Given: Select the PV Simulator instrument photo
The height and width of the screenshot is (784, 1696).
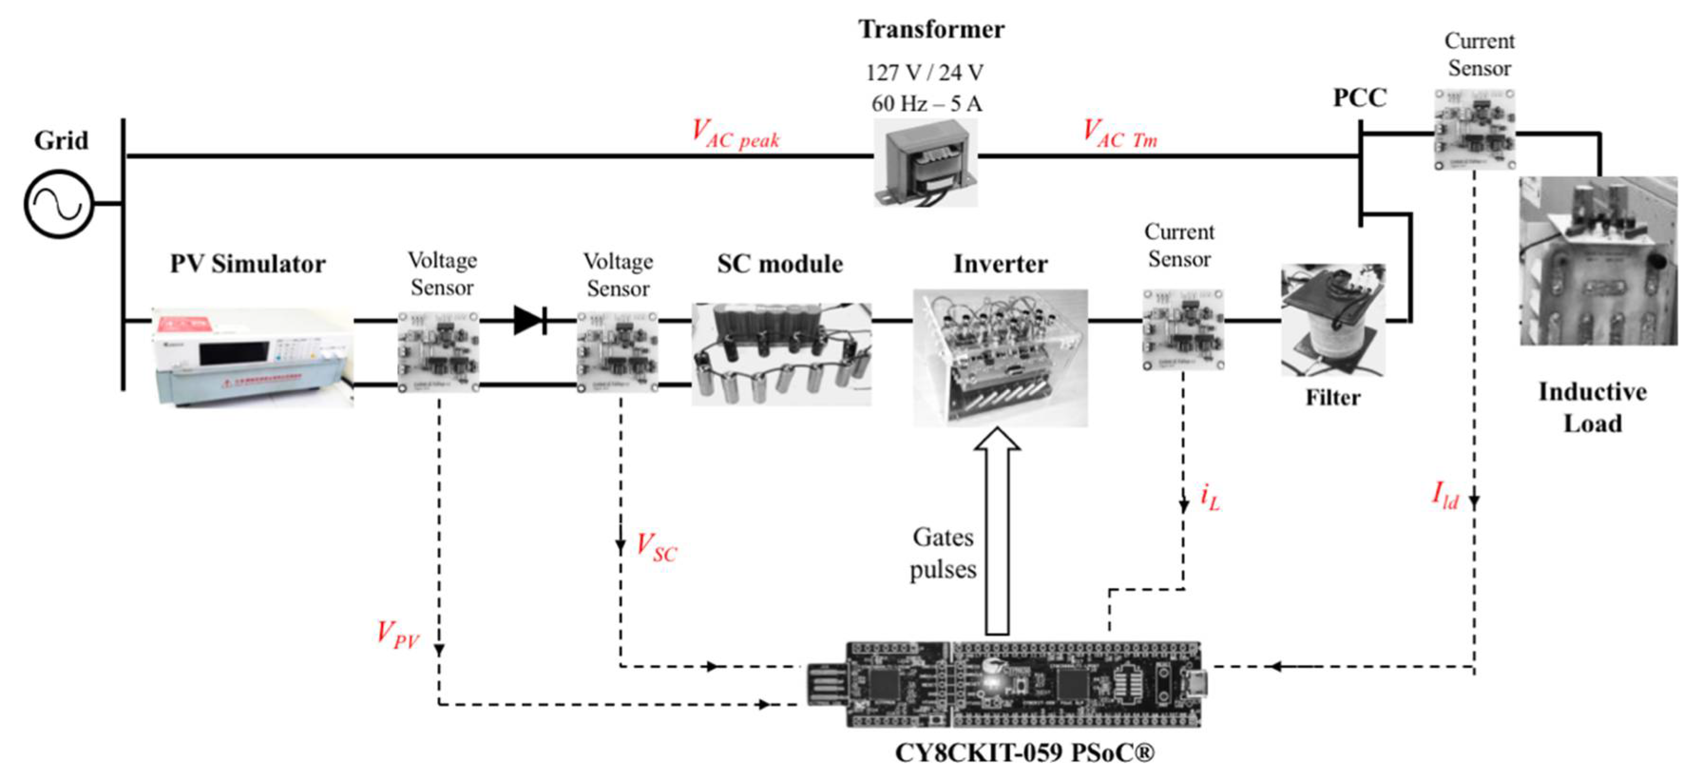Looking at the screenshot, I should (254, 356).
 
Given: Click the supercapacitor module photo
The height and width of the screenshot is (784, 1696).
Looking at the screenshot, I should (781, 354).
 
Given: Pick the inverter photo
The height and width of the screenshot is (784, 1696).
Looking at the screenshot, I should (1000, 357).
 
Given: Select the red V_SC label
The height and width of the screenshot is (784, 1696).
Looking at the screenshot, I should (656, 547).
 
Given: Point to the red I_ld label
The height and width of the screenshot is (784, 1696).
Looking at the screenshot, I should (1445, 495).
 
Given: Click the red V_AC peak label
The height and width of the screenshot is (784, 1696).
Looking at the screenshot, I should (735, 134).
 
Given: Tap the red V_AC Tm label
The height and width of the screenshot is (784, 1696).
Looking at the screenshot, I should (1119, 134).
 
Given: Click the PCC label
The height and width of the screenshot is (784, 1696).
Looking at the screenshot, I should (1360, 98).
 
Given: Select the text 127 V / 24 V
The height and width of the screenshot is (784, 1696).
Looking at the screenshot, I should (924, 72).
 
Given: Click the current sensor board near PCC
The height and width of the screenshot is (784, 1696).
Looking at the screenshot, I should (1475, 130).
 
